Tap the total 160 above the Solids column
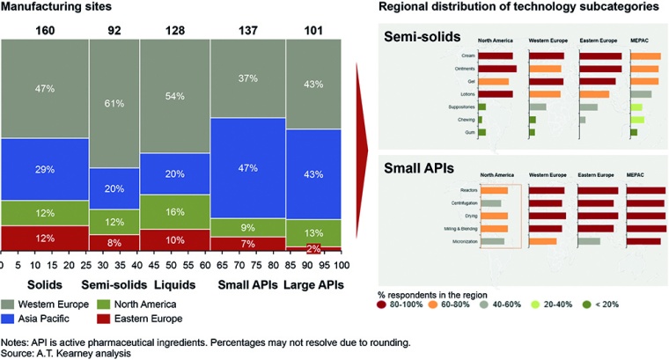pyautogui.click(x=44, y=32)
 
